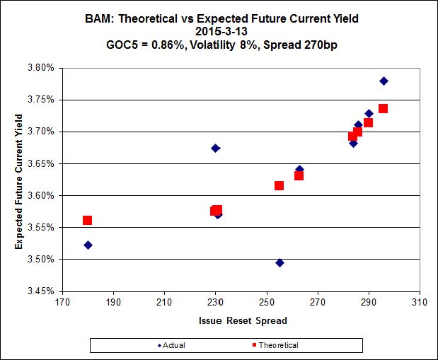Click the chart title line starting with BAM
(x=219, y=18)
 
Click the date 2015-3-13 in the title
(x=218, y=30)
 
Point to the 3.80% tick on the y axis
(x=40, y=68)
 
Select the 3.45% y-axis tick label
(x=40, y=291)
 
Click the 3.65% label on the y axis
(x=40, y=163)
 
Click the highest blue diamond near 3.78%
(x=384, y=81)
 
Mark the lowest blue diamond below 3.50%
(x=279, y=262)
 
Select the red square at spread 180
(x=87, y=221)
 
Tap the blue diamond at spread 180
(x=88, y=245)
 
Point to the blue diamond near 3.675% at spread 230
(x=215, y=148)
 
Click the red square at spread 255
(x=279, y=185)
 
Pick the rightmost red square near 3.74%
(x=383, y=109)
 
